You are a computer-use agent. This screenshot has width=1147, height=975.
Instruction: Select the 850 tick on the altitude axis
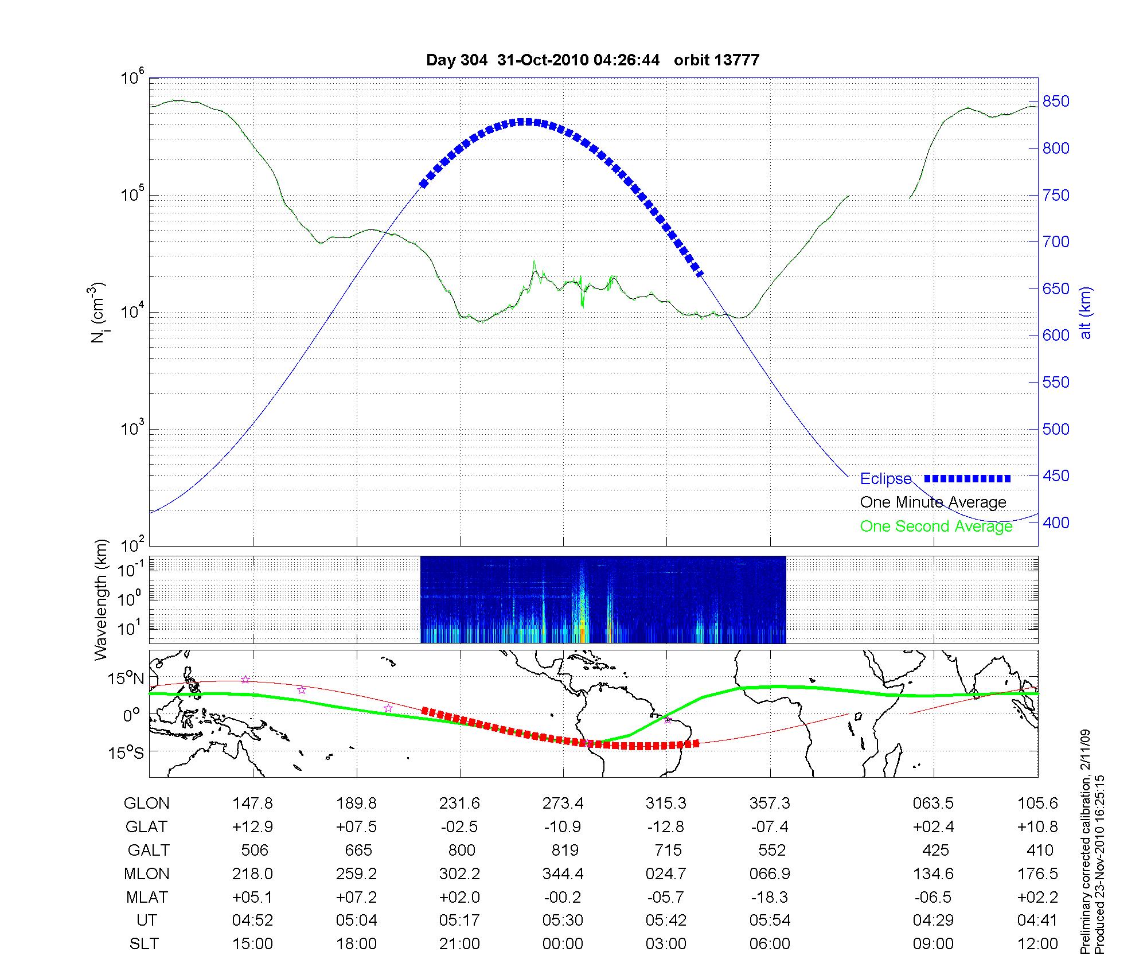click(x=1056, y=102)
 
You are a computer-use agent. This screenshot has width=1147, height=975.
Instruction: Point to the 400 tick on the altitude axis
click(x=1056, y=522)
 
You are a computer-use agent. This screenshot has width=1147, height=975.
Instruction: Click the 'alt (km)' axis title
click(x=1086, y=313)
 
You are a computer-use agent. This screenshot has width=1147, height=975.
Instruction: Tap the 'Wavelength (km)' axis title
click(x=101, y=600)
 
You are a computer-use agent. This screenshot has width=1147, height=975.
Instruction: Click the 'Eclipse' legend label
click(x=885, y=478)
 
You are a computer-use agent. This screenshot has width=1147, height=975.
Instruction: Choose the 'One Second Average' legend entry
click(x=936, y=526)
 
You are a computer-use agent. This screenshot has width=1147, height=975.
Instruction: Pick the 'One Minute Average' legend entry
click(x=933, y=502)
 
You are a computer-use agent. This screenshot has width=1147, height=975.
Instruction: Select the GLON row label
click(x=146, y=804)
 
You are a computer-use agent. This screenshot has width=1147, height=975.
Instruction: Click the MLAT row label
click(x=146, y=897)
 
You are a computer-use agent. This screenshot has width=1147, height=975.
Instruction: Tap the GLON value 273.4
click(x=563, y=804)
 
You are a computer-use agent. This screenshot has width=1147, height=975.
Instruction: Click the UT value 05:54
click(x=770, y=921)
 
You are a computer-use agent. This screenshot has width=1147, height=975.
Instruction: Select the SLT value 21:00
click(x=459, y=944)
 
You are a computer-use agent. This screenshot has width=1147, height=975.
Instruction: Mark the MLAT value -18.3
click(x=770, y=897)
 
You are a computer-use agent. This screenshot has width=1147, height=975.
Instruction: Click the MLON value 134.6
click(x=933, y=873)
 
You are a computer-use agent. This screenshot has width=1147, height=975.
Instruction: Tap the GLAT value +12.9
click(x=252, y=827)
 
